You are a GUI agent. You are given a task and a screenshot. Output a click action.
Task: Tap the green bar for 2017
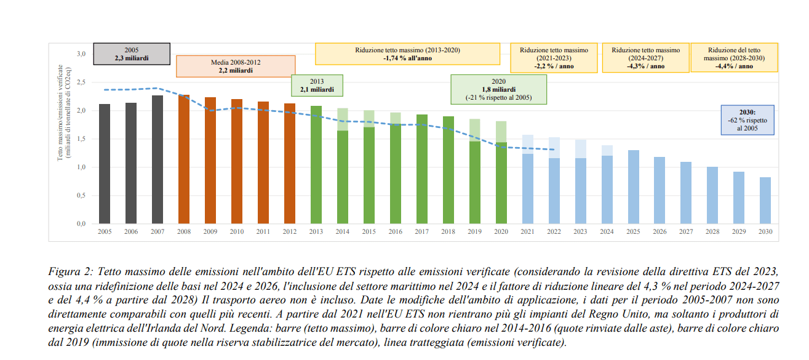pos(422,169)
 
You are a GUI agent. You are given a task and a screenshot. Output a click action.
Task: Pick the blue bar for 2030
pos(765,201)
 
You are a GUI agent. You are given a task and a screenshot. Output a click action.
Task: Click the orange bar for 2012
pos(290,164)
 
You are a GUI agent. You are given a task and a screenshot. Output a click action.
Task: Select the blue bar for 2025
pos(633,187)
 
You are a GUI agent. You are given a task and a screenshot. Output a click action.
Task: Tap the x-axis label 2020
pos(501,232)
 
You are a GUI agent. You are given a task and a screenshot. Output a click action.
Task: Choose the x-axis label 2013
pos(316,232)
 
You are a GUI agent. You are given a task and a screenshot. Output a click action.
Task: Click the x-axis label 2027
pos(686,232)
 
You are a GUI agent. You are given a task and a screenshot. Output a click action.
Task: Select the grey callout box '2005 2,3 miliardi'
pos(132,54)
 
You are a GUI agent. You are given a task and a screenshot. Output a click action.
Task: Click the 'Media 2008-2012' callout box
pos(236,66)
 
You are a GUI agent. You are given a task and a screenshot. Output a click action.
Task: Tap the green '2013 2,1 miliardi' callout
pos(317,86)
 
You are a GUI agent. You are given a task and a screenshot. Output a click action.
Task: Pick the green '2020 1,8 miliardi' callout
pos(498,89)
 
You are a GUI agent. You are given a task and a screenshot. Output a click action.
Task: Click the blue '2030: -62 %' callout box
pos(747,120)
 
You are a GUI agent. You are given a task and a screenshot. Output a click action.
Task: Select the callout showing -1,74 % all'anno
pos(407,54)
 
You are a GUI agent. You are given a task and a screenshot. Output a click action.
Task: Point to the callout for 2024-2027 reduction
pos(644,57)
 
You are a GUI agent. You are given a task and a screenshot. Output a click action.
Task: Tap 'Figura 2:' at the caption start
pos(70,271)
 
